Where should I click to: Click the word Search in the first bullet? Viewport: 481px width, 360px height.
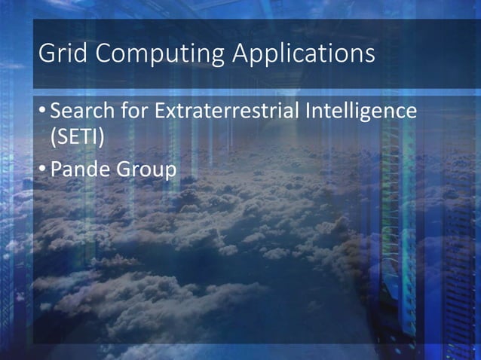pos(81,113)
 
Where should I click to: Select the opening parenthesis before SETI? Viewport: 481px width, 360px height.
pos(52,140)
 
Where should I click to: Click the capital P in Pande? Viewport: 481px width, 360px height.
pos(55,170)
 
